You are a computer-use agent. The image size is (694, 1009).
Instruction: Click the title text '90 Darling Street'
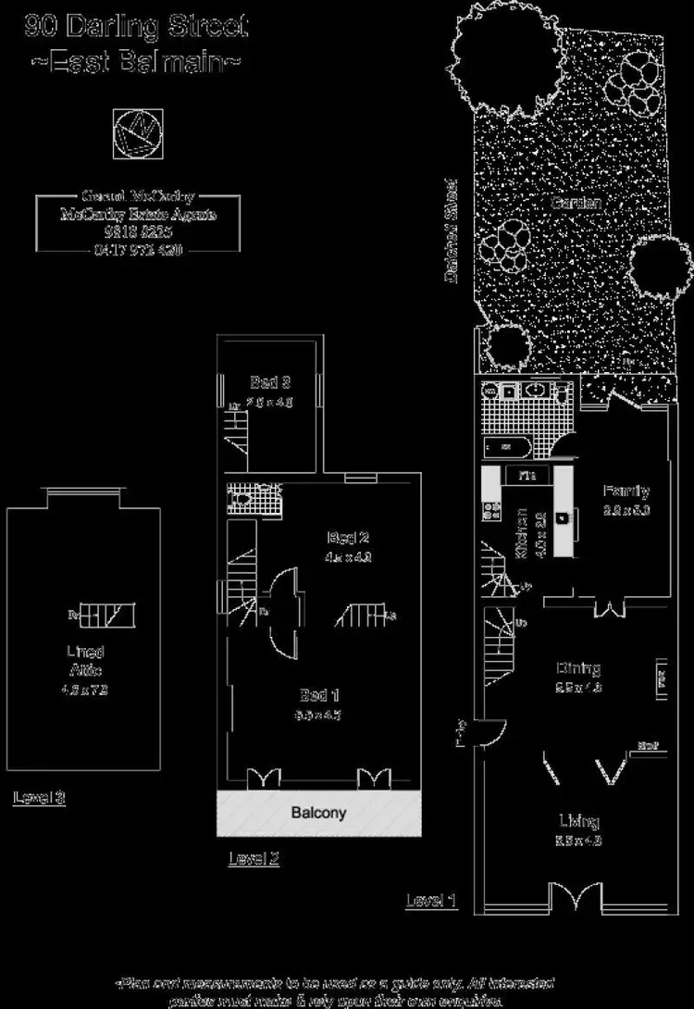coord(136,26)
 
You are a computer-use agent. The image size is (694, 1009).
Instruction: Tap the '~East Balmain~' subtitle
coord(136,63)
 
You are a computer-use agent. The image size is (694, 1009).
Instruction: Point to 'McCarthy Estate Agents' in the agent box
coord(138,215)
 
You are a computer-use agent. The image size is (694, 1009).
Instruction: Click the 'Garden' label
coord(576,203)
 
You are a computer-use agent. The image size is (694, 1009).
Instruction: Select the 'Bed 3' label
coord(271,381)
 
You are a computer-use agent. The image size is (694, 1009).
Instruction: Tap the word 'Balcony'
coord(318,814)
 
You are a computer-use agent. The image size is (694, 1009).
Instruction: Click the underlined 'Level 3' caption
coord(39,797)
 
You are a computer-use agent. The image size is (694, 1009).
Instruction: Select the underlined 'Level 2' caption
coord(254,859)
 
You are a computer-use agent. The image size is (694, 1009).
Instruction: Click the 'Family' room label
coord(626,492)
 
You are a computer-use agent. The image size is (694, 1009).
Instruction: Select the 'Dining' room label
coord(578,668)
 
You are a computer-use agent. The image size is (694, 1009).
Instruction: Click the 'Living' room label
coord(578,820)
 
